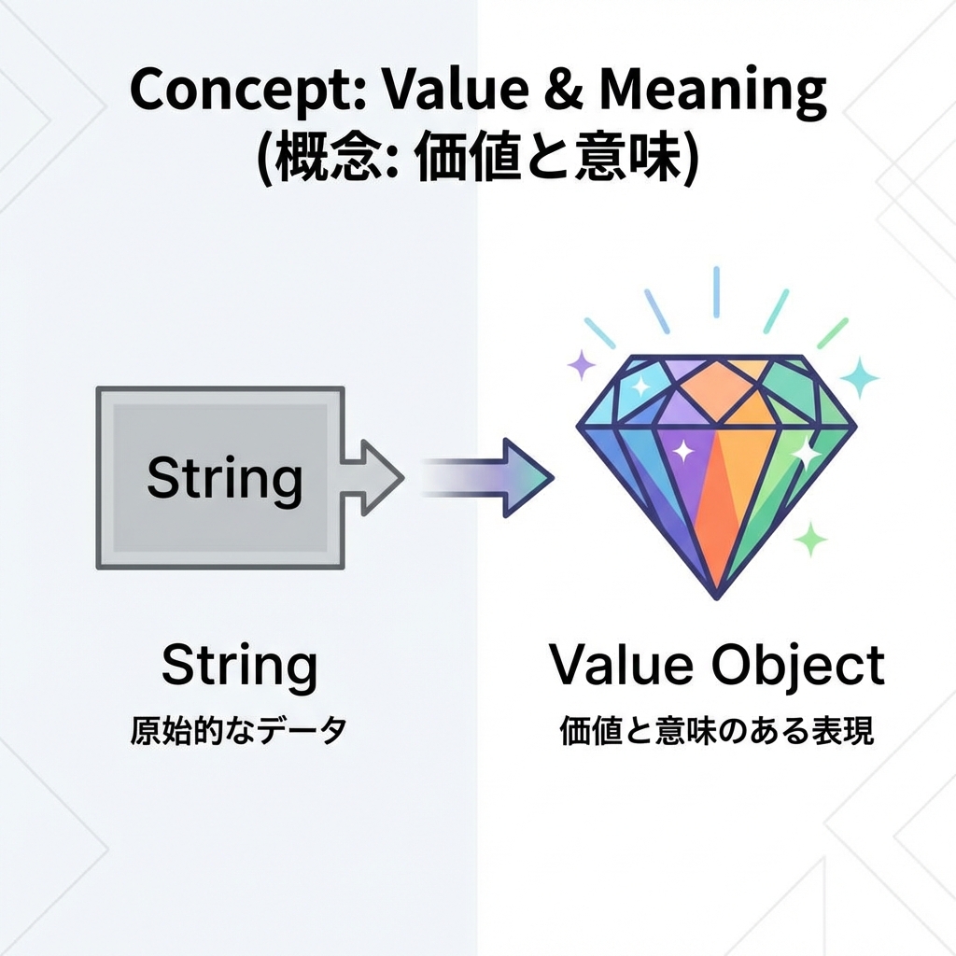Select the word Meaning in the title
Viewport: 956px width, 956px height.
pos(712,91)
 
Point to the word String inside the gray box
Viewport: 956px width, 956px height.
pos(224,478)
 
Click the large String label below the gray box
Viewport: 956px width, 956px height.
pos(239,666)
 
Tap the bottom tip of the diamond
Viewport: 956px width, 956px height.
pos(716,594)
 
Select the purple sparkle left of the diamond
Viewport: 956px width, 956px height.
pos(582,365)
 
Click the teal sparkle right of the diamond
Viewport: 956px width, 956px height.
pos(859,377)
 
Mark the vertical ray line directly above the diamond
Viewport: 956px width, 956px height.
pos(716,291)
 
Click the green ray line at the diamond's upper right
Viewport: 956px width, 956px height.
pos(832,333)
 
